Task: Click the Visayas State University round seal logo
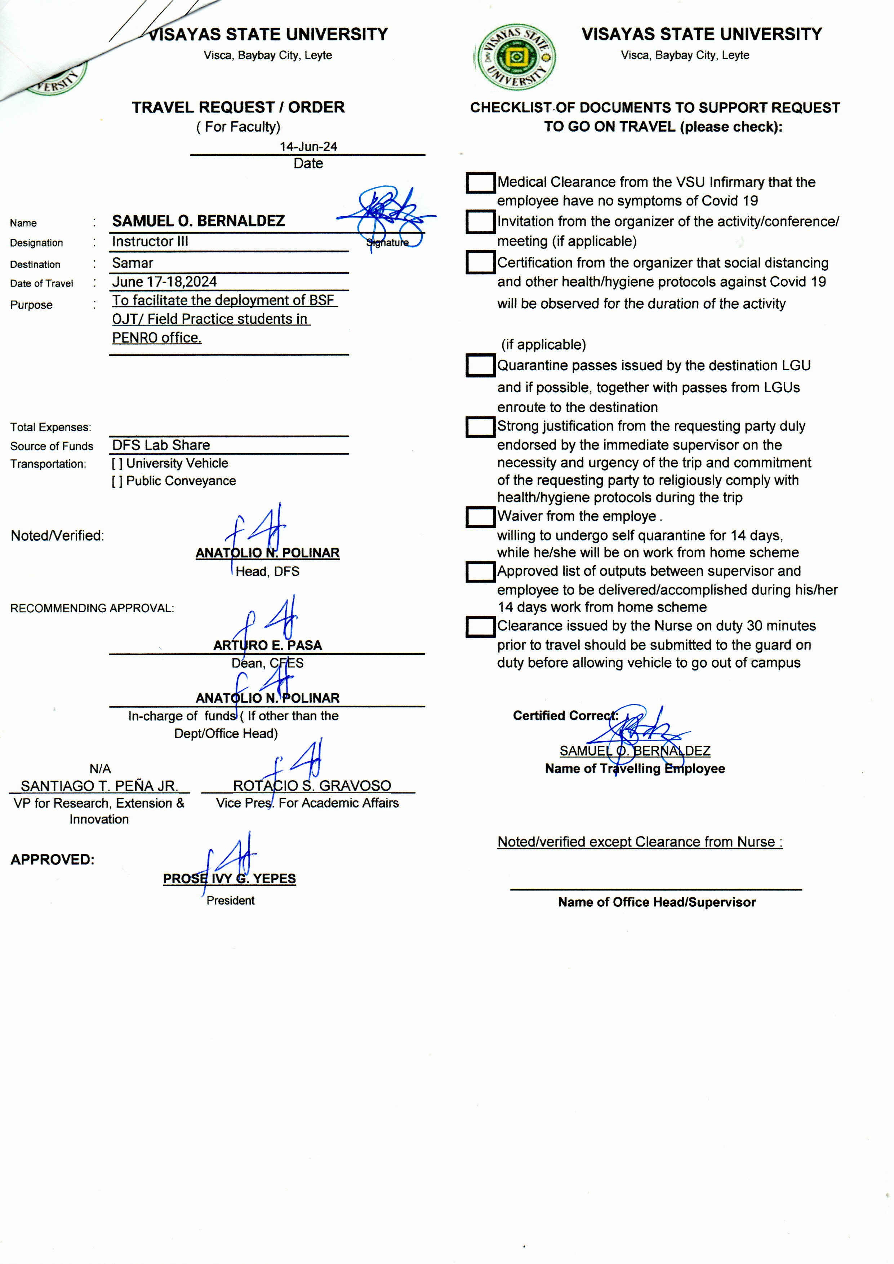[515, 57]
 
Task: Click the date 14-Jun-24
[308, 146]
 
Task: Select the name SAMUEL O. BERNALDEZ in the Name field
[198, 221]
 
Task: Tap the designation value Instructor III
[150, 241]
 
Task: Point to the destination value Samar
[133, 263]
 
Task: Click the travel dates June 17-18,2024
[165, 282]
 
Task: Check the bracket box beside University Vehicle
[117, 464]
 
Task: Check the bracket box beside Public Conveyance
[117, 481]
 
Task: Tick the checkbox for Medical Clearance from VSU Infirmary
[480, 183]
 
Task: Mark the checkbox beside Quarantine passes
[480, 366]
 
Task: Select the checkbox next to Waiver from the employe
[480, 517]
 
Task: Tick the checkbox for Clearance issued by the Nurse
[480, 626]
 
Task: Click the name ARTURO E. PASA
[267, 645]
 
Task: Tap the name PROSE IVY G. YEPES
[229, 879]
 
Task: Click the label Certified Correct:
[565, 715]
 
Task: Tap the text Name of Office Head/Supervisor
[657, 902]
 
